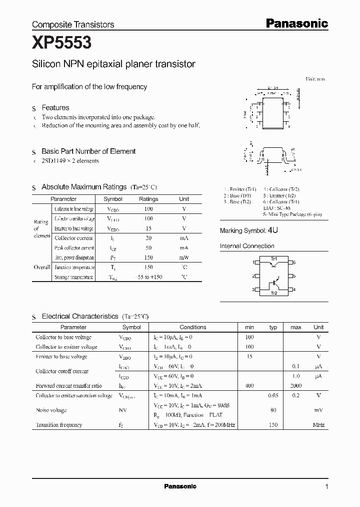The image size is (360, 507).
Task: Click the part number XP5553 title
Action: [x=61, y=44]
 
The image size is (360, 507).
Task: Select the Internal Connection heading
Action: [x=247, y=246]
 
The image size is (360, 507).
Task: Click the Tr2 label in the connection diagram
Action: [x=273, y=293]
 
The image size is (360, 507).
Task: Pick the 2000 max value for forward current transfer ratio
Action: [x=295, y=386]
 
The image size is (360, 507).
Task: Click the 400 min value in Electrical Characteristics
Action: [x=249, y=386]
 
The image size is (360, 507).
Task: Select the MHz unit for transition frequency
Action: [x=318, y=425]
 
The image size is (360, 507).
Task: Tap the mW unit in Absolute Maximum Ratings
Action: [x=184, y=258]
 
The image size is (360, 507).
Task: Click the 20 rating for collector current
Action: [x=148, y=238]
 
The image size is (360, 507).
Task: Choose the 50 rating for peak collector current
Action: [x=148, y=248]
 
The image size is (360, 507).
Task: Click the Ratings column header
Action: [x=148, y=199]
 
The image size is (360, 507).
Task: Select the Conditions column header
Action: [x=192, y=327]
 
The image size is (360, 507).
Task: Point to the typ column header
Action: [x=273, y=327]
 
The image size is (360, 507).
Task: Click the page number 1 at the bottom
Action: [x=326, y=487]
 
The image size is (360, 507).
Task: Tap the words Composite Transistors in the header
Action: [x=73, y=24]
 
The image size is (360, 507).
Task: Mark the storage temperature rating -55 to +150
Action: [x=148, y=277]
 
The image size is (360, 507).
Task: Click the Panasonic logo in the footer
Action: [x=180, y=486]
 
